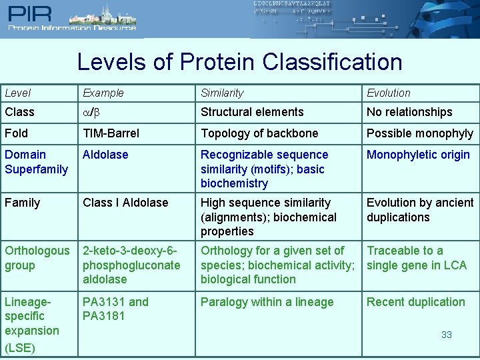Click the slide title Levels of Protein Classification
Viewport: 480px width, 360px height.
pyautogui.click(x=239, y=62)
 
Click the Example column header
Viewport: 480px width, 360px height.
pyautogui.click(x=103, y=93)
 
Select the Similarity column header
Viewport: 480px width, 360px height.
pyautogui.click(x=222, y=93)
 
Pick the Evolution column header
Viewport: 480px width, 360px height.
pyautogui.click(x=389, y=93)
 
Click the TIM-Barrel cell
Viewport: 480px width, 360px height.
pyautogui.click(x=111, y=133)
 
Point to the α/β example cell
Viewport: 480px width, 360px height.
pyautogui.click(x=91, y=112)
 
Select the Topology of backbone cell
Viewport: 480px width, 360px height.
pyautogui.click(x=259, y=133)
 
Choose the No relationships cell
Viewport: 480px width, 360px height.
pyautogui.click(x=409, y=112)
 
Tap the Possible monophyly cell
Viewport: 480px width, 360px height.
pyautogui.click(x=420, y=133)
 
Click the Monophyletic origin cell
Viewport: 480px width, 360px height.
pyautogui.click(x=418, y=155)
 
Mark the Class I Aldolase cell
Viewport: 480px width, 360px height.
pyautogui.click(x=125, y=203)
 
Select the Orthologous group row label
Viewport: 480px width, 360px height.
pyautogui.click(x=37, y=258)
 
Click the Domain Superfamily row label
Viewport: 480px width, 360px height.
pyautogui.click(x=36, y=162)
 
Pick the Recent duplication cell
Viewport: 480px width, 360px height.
pyautogui.click(x=416, y=302)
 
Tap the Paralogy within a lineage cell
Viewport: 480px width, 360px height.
pyautogui.click(x=267, y=302)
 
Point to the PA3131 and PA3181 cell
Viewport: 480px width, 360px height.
pyautogui.click(x=115, y=309)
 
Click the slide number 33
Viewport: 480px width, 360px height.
pyautogui.click(x=447, y=335)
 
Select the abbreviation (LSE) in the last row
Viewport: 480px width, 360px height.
pyautogui.click(x=19, y=347)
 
